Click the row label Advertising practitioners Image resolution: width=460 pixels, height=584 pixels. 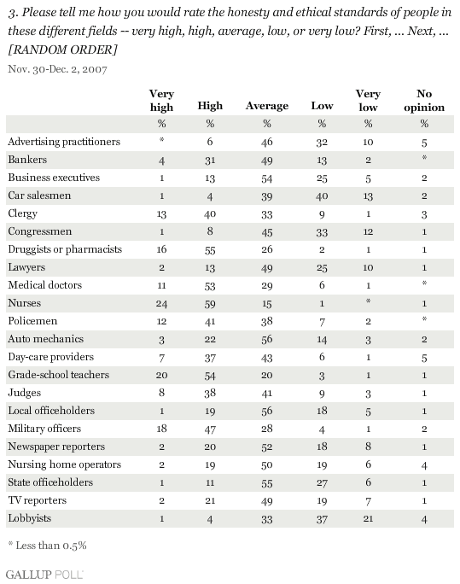[64, 142]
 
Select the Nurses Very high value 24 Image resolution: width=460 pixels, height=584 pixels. [161, 304]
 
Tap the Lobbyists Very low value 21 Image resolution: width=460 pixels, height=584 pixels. [368, 518]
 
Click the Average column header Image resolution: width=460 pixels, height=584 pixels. [267, 106]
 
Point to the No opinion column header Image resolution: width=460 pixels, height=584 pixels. [424, 100]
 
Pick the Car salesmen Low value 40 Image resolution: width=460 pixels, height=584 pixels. [322, 196]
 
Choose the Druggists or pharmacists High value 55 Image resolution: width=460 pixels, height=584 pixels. [210, 250]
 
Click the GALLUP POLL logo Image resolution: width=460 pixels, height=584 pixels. [44, 574]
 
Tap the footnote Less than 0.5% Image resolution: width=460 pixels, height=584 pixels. [47, 546]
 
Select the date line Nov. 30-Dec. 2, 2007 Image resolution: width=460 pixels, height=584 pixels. [57, 69]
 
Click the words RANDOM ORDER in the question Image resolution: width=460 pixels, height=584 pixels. [62, 50]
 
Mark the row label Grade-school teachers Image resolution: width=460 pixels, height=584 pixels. [58, 375]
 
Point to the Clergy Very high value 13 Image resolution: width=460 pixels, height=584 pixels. [161, 214]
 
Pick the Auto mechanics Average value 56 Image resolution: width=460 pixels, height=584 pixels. [267, 339]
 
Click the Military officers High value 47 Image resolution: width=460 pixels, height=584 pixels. [210, 429]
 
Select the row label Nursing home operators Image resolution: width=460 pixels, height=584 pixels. [64, 464]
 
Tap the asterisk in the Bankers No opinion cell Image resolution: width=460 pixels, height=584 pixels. [424, 158]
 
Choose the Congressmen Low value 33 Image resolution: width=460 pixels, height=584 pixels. [322, 232]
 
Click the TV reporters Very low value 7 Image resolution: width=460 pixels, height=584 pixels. [368, 501]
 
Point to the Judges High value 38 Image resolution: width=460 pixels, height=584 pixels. [210, 394]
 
